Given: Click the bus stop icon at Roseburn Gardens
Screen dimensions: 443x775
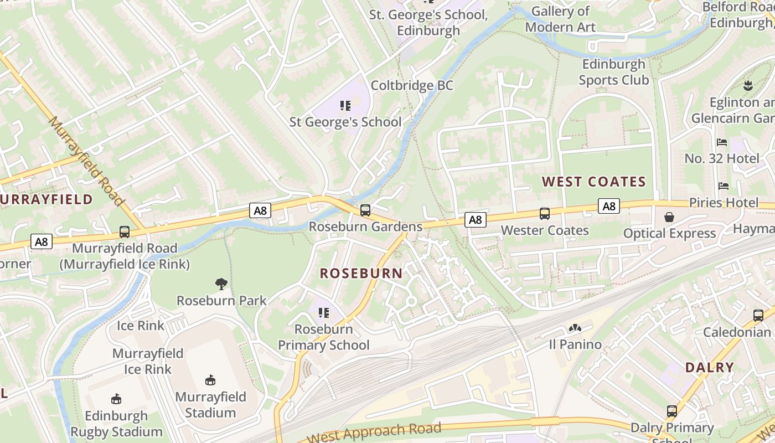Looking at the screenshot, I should (x=365, y=210).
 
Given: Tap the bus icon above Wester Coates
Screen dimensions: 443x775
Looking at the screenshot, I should (x=545, y=214).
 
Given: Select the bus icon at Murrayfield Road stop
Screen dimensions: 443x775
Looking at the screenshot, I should (x=125, y=232).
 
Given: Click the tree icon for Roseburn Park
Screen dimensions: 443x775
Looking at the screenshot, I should (x=221, y=284).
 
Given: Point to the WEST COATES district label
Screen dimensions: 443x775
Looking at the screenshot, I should (x=594, y=182).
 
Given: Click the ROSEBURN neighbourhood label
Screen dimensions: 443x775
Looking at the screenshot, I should (x=361, y=273).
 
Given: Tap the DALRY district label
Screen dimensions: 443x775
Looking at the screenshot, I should (x=709, y=367).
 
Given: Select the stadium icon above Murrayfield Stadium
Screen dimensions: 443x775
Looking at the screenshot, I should (x=210, y=380).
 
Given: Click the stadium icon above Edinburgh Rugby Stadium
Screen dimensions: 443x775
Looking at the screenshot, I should (x=116, y=399).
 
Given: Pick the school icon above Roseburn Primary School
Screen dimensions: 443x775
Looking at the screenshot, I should (x=324, y=313).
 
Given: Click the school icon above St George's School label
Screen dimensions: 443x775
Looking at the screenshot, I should (x=345, y=105).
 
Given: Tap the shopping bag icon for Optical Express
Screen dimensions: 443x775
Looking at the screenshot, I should (x=669, y=217).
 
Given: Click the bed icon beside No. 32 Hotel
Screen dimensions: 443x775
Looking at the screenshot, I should (x=722, y=142).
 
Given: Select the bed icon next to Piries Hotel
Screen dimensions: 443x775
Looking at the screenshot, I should (x=724, y=186).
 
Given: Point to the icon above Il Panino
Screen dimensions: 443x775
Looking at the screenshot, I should (x=575, y=328).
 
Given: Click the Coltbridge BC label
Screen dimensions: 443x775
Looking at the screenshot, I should (x=412, y=85).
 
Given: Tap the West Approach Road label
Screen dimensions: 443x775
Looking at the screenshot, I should (x=374, y=432).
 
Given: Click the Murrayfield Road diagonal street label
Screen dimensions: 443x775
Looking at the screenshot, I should (x=86, y=161).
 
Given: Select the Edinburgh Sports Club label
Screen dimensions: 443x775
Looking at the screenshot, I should (x=613, y=72).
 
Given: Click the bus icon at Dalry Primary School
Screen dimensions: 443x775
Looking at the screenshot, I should (x=672, y=411).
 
